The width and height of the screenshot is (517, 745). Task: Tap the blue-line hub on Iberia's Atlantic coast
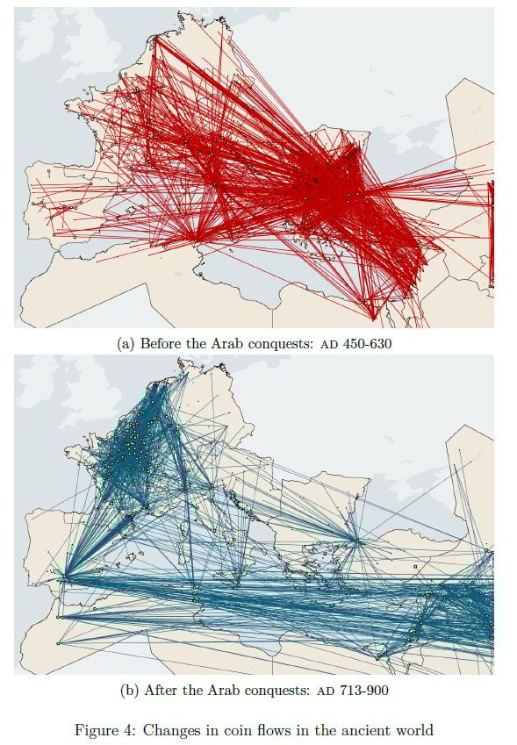(62, 577)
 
